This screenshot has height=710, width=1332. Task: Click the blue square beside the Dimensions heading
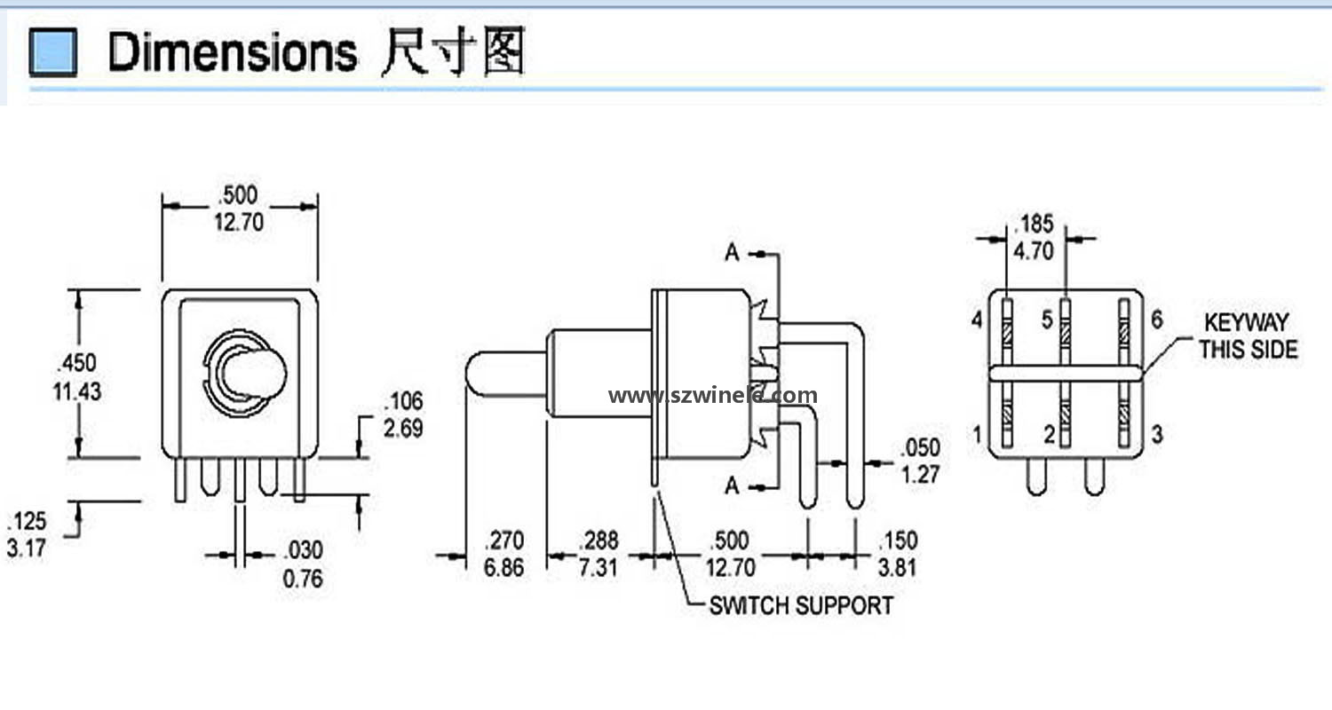click(x=52, y=52)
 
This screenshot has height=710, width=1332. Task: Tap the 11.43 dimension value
click(x=78, y=390)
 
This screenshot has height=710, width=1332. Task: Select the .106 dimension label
click(x=403, y=401)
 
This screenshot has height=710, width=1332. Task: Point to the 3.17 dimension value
click(x=27, y=548)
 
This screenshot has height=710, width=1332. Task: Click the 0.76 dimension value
click(x=303, y=580)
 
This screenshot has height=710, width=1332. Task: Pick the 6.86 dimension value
click(x=503, y=567)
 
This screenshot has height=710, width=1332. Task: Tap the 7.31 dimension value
click(x=598, y=567)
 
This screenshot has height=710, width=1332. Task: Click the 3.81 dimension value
click(x=896, y=567)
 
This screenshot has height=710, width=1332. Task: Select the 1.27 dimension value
click(x=920, y=474)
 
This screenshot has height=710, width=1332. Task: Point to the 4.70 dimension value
click(x=1033, y=251)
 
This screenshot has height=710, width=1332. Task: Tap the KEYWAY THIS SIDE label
click(x=1248, y=335)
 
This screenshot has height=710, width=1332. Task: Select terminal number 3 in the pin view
click(x=1156, y=435)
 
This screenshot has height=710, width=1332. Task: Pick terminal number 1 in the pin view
click(x=978, y=435)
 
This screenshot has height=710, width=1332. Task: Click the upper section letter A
click(x=732, y=254)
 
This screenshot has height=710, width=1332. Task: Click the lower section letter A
click(x=732, y=485)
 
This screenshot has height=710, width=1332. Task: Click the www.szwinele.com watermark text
click(x=712, y=396)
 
